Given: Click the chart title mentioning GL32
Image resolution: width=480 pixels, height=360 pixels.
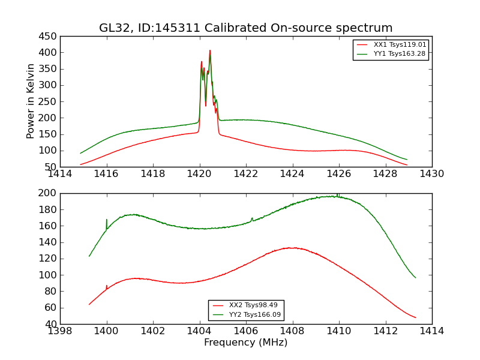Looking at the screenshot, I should (x=246, y=28).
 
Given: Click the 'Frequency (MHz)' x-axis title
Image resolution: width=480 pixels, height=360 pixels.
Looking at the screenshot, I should (x=246, y=343).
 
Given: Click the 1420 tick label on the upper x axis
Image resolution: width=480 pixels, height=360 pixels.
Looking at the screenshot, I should (x=199, y=174).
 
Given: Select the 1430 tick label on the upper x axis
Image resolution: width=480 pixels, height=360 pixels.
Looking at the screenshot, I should (x=431, y=174).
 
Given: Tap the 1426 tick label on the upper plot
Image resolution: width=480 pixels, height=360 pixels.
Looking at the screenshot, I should (x=338, y=174).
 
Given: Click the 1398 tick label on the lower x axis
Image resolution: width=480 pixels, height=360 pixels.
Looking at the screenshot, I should (x=61, y=331).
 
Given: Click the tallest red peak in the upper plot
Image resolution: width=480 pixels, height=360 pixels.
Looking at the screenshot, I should (x=210, y=50).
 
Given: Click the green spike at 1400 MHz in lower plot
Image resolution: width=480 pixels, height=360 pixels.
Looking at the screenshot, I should (x=107, y=220).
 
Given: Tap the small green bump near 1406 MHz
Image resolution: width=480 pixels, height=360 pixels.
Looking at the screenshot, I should (x=252, y=218).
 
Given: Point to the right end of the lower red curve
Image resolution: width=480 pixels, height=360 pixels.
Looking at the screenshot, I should (x=415, y=317).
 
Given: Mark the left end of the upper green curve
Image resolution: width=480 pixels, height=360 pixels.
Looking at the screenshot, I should (x=80, y=153).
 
